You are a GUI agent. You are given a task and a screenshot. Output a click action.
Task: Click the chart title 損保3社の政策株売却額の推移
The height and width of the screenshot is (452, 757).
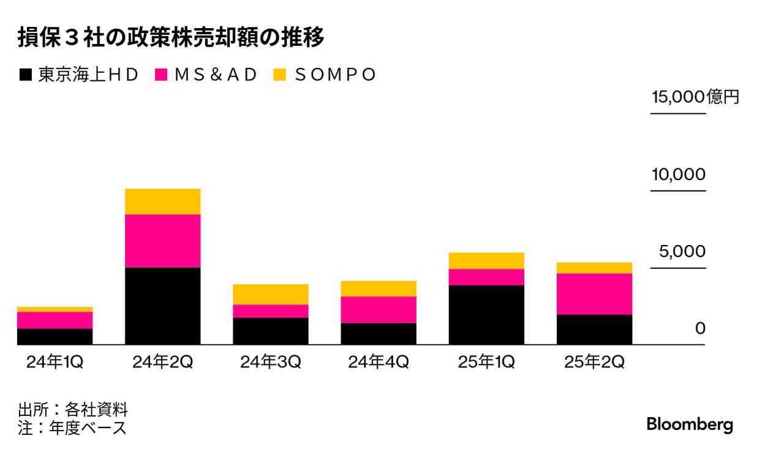(171, 39)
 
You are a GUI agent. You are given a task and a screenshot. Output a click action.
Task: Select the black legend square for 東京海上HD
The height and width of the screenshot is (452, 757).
(26, 75)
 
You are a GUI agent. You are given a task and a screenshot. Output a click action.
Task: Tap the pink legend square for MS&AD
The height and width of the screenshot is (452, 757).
(162, 75)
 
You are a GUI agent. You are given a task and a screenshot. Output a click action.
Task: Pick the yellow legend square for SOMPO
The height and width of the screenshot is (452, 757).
(279, 75)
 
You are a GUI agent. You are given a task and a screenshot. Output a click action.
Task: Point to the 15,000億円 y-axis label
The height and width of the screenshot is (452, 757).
(695, 97)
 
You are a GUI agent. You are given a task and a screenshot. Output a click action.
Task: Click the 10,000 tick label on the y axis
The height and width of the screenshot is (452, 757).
(678, 175)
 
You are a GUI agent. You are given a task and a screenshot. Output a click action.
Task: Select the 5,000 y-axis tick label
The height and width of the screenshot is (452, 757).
(682, 252)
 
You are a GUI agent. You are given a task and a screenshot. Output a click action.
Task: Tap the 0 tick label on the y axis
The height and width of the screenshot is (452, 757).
(700, 329)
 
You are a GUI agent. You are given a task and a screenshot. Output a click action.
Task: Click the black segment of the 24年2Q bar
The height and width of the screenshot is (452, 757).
(163, 306)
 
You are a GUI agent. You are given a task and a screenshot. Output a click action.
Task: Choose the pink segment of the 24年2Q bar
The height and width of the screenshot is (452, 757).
(163, 241)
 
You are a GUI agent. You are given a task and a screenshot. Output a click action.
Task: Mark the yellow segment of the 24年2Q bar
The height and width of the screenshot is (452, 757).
(163, 202)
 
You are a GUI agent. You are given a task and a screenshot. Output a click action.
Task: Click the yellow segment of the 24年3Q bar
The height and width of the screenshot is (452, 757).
(271, 295)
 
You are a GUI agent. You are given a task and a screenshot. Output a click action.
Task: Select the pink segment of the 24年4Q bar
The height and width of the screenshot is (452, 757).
(378, 309)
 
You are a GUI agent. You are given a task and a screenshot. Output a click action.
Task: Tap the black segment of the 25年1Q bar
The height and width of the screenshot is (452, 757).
(486, 315)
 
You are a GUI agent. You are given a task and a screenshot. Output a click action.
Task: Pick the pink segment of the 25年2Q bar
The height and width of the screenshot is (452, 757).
(594, 294)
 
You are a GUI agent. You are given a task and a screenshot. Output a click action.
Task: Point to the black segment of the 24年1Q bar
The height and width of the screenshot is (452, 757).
(55, 337)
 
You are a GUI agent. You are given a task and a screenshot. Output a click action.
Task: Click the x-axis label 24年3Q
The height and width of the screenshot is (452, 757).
(270, 363)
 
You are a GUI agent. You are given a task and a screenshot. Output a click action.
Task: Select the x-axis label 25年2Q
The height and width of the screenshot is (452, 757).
(594, 363)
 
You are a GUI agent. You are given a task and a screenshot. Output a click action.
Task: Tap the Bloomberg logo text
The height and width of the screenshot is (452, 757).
(690, 424)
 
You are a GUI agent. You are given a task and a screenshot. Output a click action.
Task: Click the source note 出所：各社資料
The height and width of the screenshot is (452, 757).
(73, 410)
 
